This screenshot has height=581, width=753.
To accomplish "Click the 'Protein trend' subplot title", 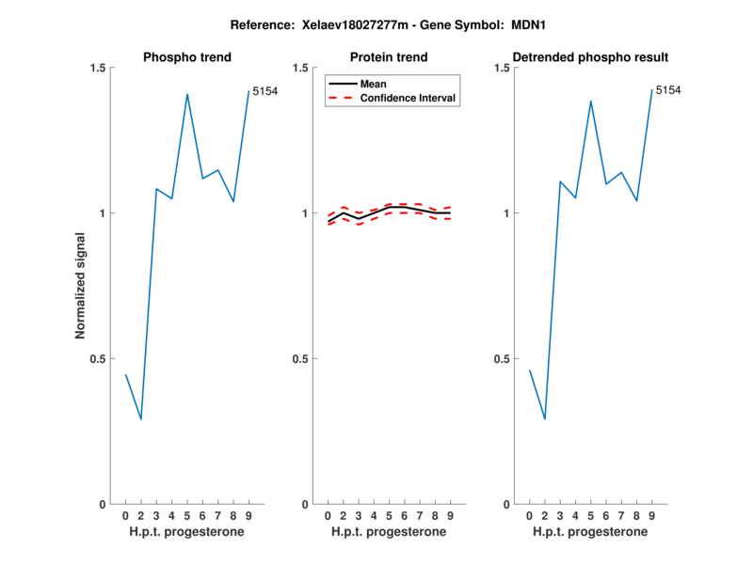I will pyautogui.click(x=389, y=57).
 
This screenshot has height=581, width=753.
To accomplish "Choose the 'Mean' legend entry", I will pyautogui.click(x=374, y=84).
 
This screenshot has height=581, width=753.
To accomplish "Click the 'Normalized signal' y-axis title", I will pyautogui.click(x=81, y=286).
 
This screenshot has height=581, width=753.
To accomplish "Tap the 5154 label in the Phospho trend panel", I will pyautogui.click(x=265, y=91).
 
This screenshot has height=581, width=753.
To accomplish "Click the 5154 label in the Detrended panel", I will pyautogui.click(x=668, y=90).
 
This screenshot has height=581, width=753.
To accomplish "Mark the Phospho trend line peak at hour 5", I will pyautogui.click(x=187, y=94).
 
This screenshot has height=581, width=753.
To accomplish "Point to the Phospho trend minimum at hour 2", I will pyautogui.click(x=141, y=419).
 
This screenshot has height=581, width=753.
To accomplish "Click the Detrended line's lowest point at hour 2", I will pyautogui.click(x=545, y=419).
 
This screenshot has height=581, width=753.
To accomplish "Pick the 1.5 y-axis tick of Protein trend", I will pyautogui.click(x=302, y=68).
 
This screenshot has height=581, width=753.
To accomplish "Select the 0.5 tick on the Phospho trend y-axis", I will pyautogui.click(x=101, y=359).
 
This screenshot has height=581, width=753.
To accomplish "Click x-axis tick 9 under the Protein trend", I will pyautogui.click(x=450, y=516).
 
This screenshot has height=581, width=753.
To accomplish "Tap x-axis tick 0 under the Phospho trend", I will pyautogui.click(x=125, y=516).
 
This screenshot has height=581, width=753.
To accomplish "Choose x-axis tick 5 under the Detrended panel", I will pyautogui.click(x=591, y=516).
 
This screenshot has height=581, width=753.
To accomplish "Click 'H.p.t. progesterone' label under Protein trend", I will pyautogui.click(x=389, y=532).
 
